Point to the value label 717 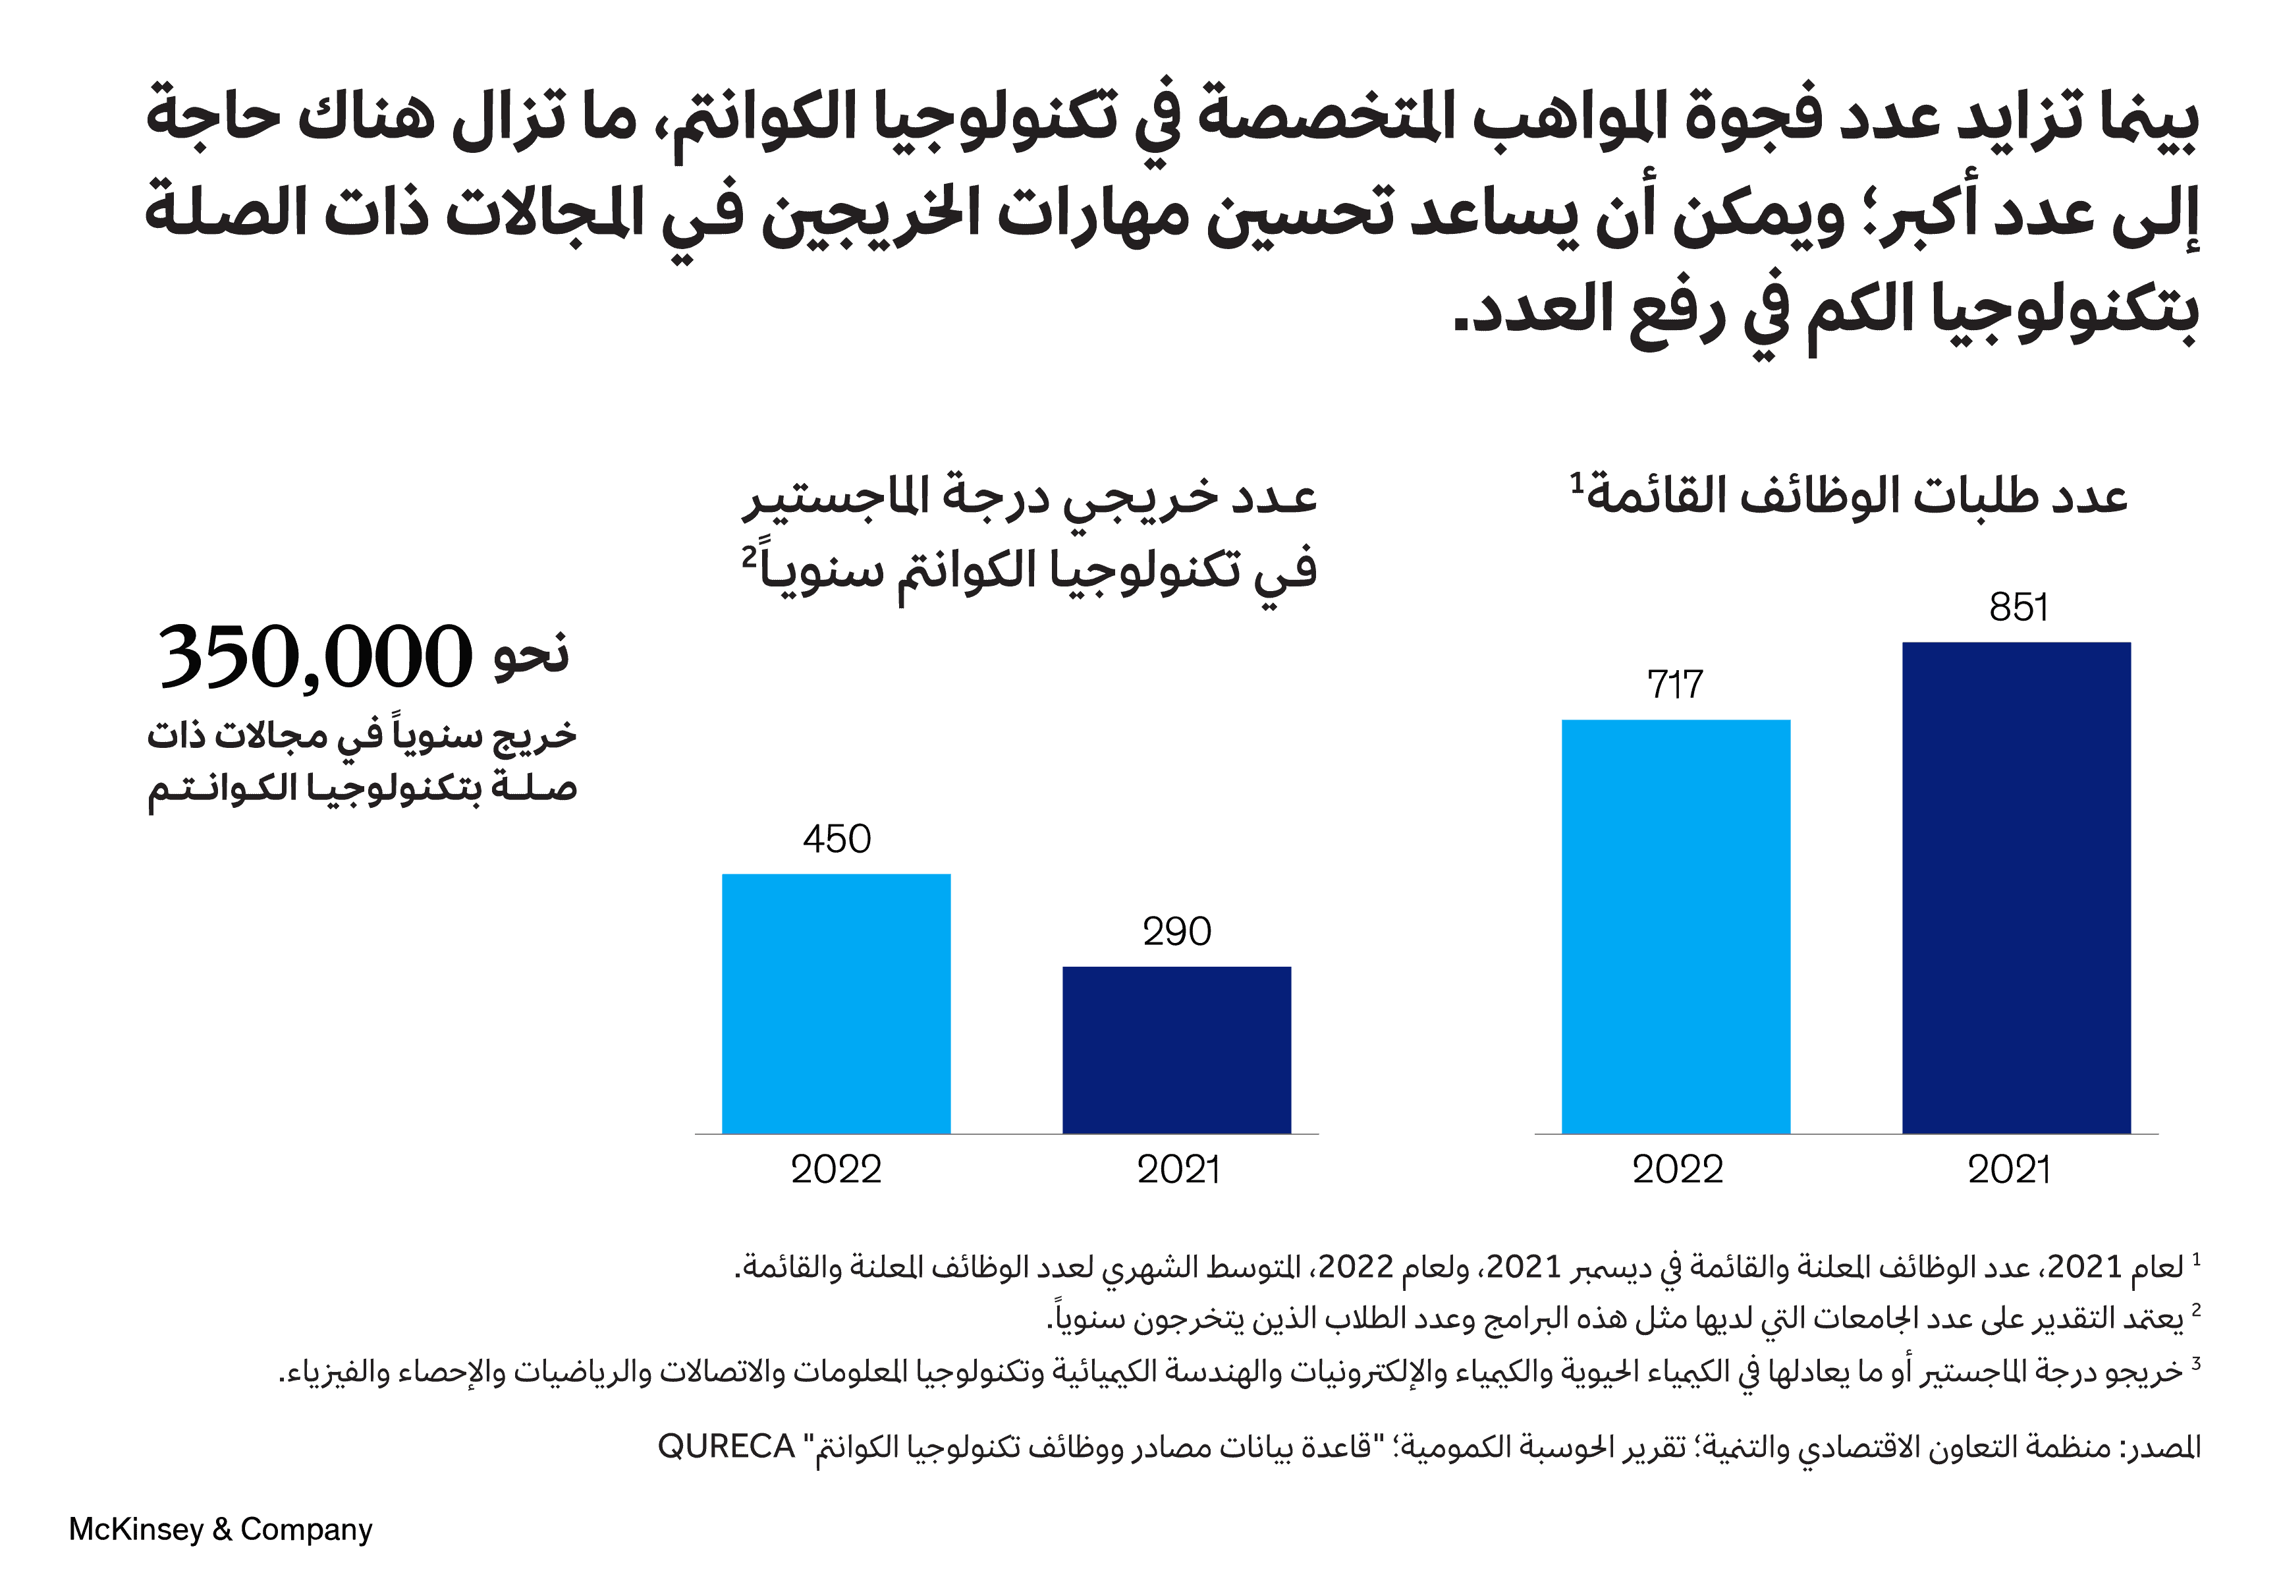[x=1675, y=685]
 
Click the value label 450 [x=837, y=840]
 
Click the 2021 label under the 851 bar [x=2009, y=1170]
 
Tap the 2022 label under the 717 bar [x=1677, y=1170]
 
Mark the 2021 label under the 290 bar [x=1178, y=1170]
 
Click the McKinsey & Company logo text [x=221, y=1529]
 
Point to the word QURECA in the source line [x=727, y=1447]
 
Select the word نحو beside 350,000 [x=532, y=655]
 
